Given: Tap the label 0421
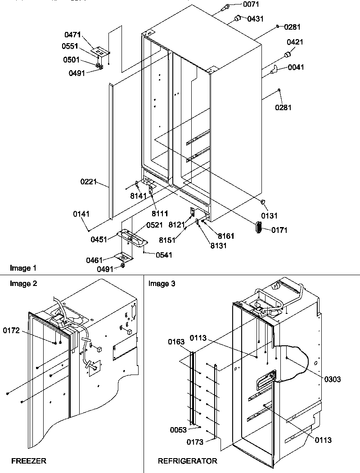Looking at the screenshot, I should coord(295,42).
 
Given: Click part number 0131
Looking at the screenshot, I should coord(270,216).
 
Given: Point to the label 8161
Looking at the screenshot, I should coord(226,236).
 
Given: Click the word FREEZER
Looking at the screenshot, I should coord(29,461).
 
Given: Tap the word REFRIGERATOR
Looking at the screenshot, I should coord(187,461).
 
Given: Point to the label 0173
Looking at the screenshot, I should coord(195,442).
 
